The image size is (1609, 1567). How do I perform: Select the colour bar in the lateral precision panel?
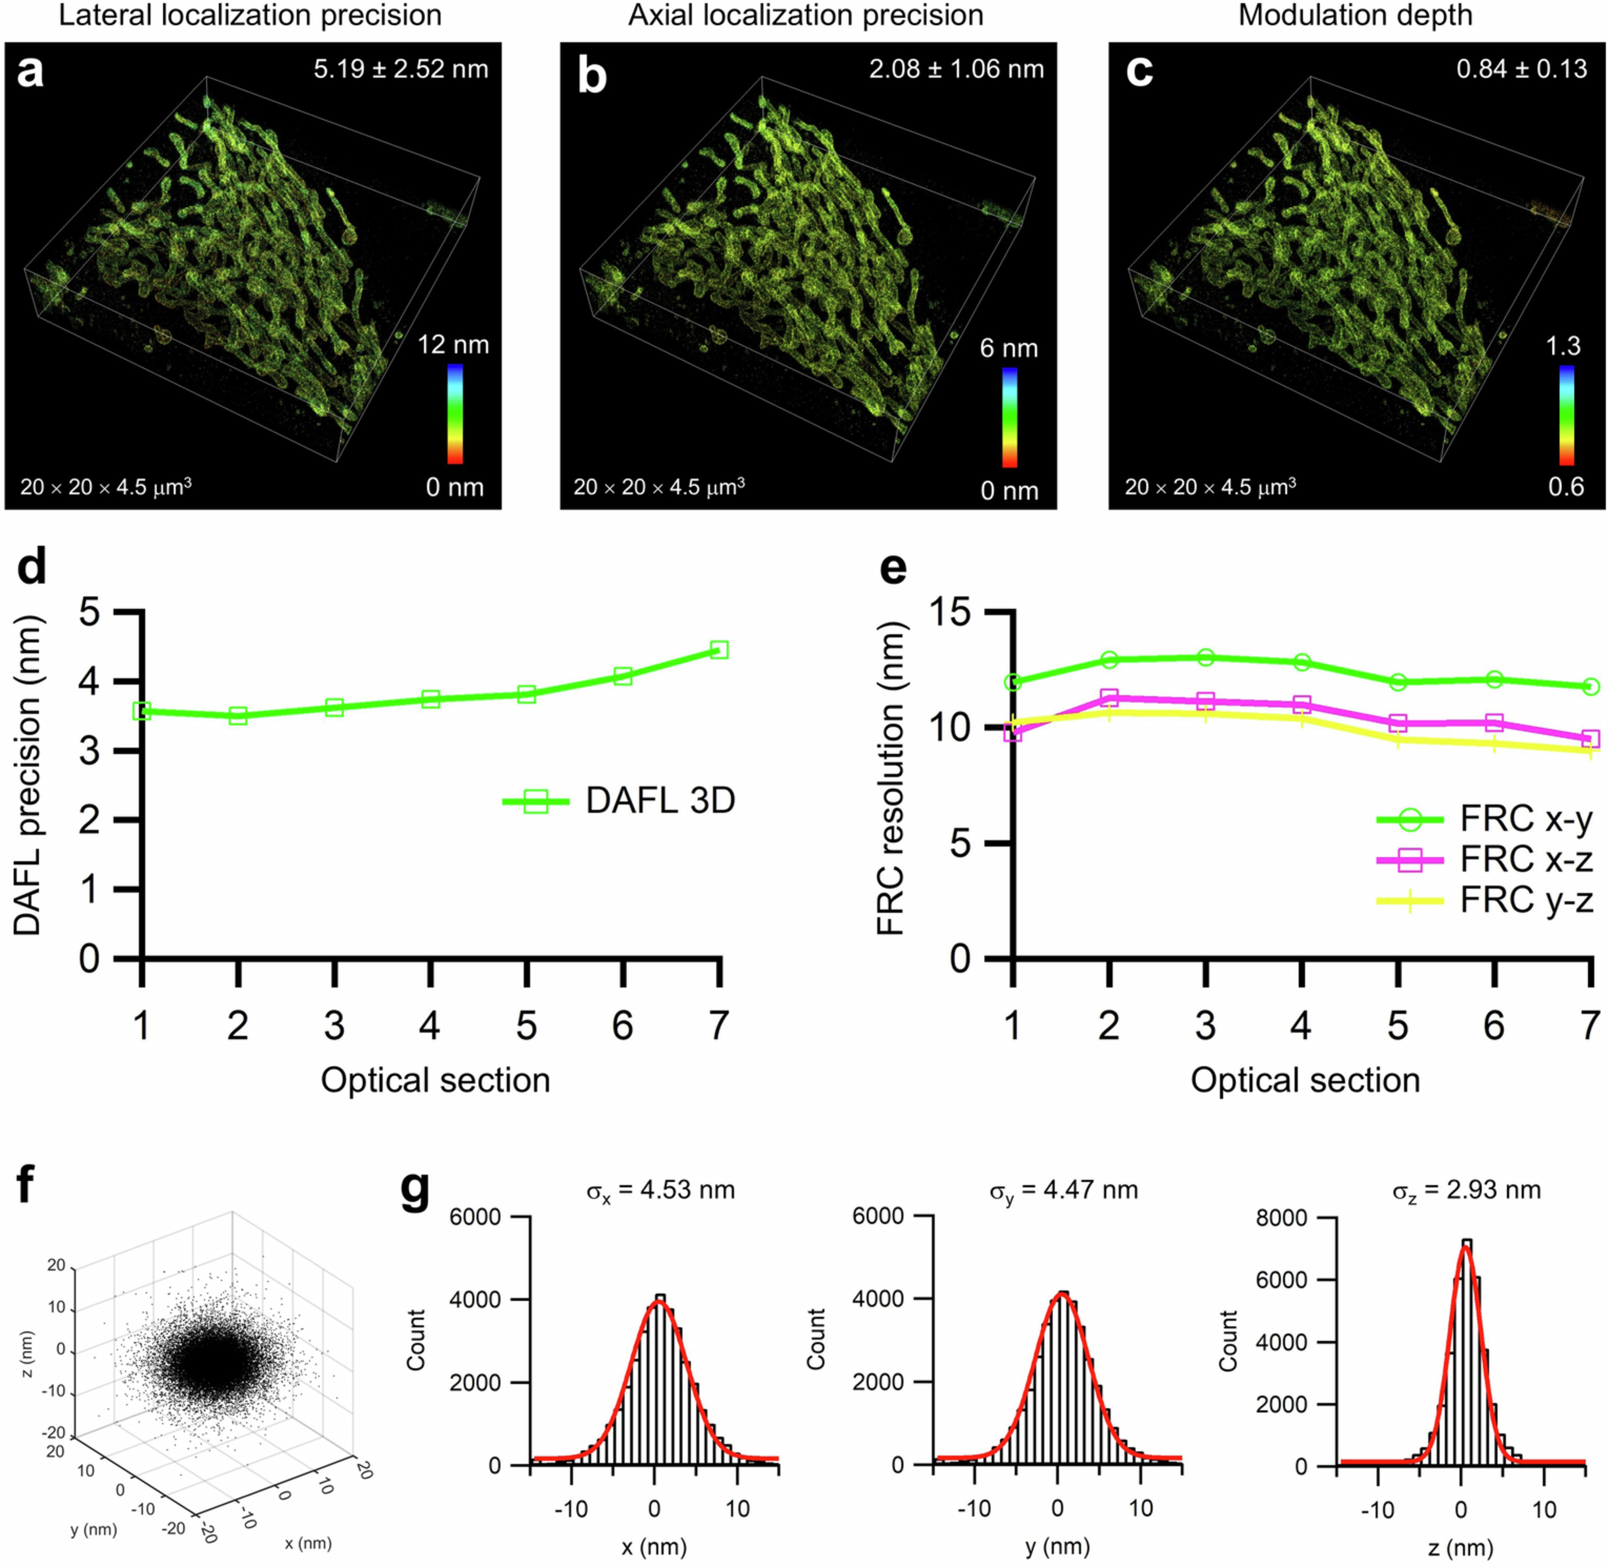pos(454,414)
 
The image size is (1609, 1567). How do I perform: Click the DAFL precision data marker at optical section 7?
pos(718,650)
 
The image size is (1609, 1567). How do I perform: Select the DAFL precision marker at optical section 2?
pos(238,715)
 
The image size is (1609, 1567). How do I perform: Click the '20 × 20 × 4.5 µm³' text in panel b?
pos(658,487)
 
